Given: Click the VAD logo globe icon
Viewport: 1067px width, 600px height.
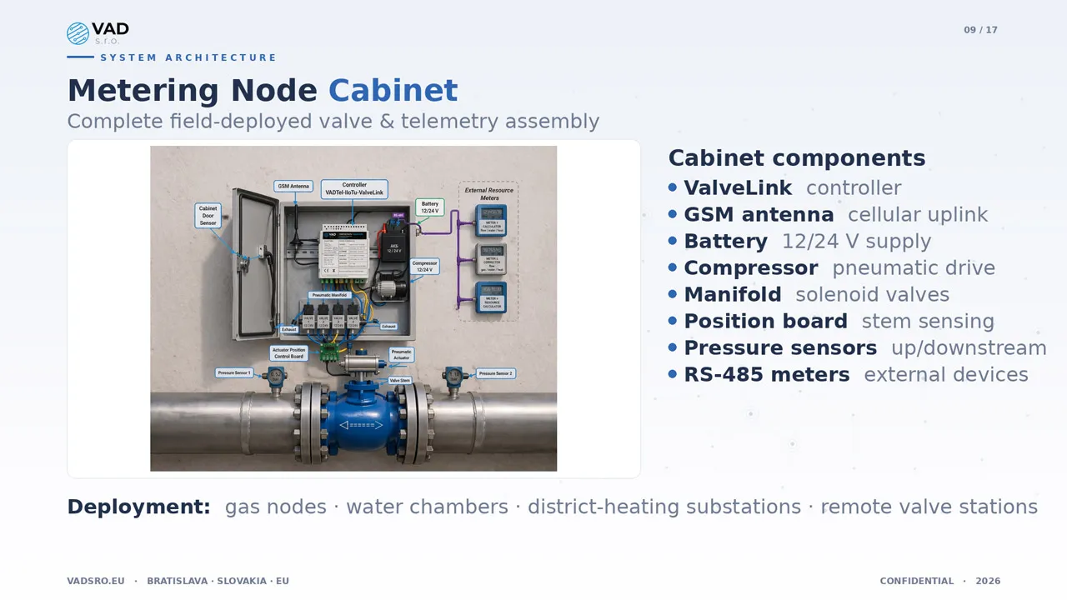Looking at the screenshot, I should coord(78,33).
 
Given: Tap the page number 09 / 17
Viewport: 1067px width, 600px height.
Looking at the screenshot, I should coord(980,30).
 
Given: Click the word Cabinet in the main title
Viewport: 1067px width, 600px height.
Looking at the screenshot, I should coord(393,91).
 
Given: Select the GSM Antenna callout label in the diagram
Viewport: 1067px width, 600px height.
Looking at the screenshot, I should coord(293,187).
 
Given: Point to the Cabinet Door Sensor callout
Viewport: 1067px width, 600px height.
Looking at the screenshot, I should coord(208,216).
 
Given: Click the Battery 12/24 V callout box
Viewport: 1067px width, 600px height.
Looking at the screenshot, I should coord(429,207).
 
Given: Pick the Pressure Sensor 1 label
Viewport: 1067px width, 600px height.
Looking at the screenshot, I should coord(234,372).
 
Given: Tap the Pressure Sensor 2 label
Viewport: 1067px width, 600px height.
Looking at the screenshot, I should coord(495,373).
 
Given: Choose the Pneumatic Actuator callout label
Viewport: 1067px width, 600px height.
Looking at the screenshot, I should coord(401,354).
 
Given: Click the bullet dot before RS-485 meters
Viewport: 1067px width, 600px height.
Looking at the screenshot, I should coord(673,374).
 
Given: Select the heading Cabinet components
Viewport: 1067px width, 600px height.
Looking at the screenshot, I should coord(796,158).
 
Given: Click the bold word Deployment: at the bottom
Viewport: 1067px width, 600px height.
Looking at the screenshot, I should coord(138,507).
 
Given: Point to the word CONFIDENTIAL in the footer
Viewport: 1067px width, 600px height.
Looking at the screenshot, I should coord(916,581).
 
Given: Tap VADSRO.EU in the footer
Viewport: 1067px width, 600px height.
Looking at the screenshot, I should coord(96,581).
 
